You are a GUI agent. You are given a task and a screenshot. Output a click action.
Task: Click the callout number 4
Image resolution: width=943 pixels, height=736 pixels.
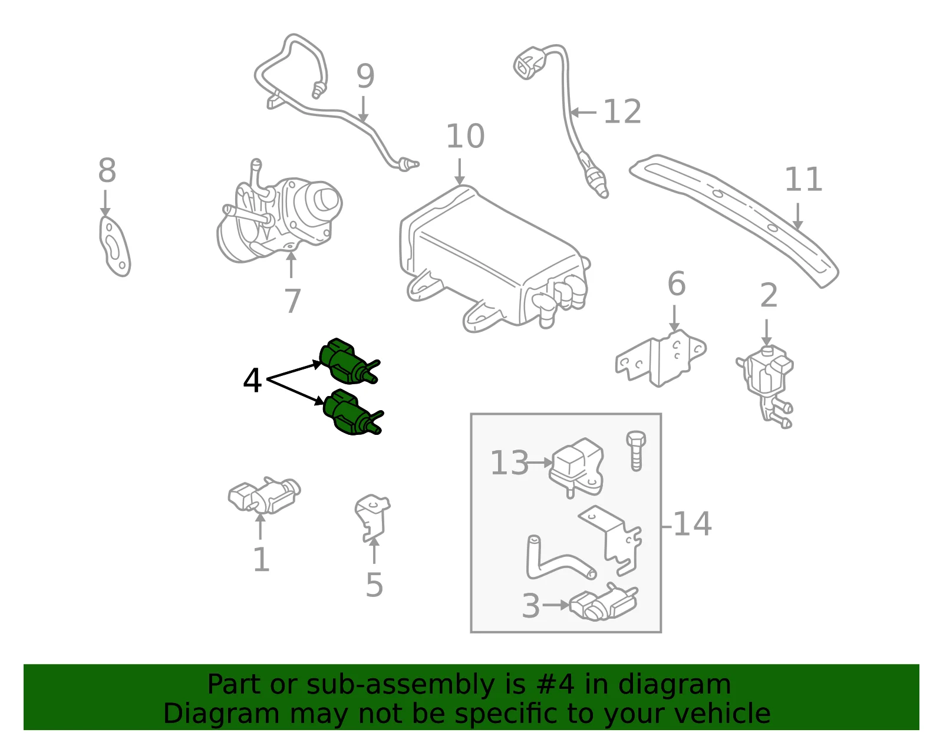coord(252,380)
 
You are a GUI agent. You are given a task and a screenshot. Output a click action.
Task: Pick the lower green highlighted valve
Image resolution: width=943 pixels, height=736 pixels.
coord(352,412)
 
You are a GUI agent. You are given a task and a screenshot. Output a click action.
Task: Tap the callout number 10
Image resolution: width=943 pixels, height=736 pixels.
coord(465,136)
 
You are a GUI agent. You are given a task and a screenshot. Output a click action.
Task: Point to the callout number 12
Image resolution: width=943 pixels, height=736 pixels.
coord(622,111)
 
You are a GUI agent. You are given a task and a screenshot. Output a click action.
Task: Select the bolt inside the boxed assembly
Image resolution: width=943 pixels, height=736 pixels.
coord(636,451)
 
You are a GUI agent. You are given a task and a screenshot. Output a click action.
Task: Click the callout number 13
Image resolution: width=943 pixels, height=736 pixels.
coord(509,463)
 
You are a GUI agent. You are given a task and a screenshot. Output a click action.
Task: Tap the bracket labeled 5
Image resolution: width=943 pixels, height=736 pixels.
coord(372,518)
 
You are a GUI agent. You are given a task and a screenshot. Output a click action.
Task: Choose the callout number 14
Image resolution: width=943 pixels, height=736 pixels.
coord(692,524)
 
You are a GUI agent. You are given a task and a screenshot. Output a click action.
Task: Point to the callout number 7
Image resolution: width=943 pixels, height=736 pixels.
coord(292,301)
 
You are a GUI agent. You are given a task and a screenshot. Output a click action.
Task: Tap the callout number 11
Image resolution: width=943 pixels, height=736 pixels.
coord(803,179)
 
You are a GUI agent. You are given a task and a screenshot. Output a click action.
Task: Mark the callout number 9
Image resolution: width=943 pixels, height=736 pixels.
coord(365,76)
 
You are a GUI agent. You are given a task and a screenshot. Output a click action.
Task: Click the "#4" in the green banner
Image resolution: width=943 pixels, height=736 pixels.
coord(555,684)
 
